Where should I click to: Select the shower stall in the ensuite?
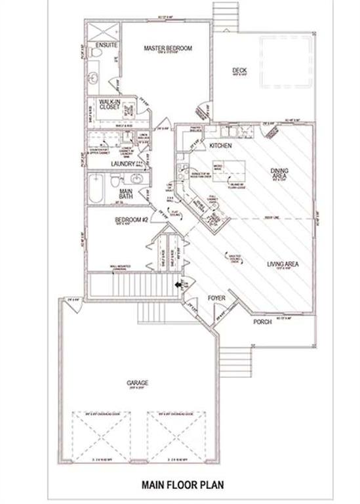coord(103,30)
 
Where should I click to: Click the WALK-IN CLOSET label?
coord(107,106)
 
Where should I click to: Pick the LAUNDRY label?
coord(123,163)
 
